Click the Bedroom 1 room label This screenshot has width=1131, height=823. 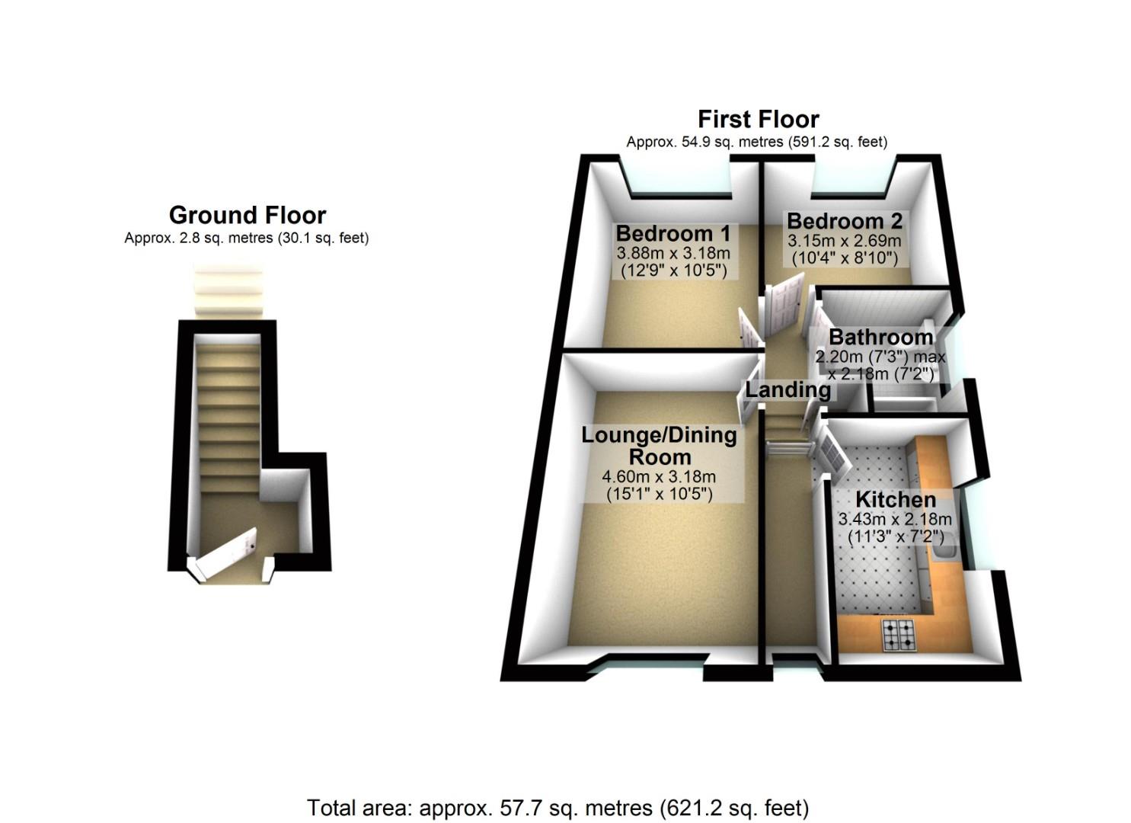673,233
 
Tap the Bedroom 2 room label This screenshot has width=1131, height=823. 844,221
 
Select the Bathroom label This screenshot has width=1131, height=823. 880,337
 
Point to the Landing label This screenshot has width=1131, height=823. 788,390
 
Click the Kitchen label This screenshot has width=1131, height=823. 896,500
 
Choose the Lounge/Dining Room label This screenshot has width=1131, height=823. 659,446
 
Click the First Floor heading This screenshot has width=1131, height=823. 758,120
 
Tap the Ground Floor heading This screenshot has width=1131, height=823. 248,215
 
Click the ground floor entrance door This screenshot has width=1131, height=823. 226,553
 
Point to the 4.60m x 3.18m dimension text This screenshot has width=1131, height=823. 659,478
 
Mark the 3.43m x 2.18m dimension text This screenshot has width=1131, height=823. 895,520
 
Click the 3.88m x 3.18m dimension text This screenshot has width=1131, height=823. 673,253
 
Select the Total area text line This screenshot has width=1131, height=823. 558,807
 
